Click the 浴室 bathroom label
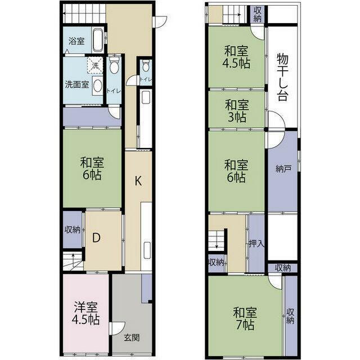coord(76,41)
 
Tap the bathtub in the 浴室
coord(98,40)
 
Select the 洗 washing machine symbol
coord(95,65)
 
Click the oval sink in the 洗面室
coord(98,85)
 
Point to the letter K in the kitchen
coord(138,181)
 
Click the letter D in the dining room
coord(96,238)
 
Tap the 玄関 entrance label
coord(132,337)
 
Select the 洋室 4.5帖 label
coord(86,313)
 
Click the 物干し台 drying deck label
coord(282,77)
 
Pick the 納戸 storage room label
coord(283,169)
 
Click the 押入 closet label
coord(256,244)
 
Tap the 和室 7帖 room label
coord(245,318)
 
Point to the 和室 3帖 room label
coord(237,111)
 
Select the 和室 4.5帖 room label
coord(236,57)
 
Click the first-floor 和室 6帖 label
coord(92,168)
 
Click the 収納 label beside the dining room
coord(73,229)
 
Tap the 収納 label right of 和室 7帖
coord(290,316)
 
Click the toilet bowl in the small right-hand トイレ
coord(146,66)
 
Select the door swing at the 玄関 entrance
coord(118,328)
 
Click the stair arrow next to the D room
coord(73,258)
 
